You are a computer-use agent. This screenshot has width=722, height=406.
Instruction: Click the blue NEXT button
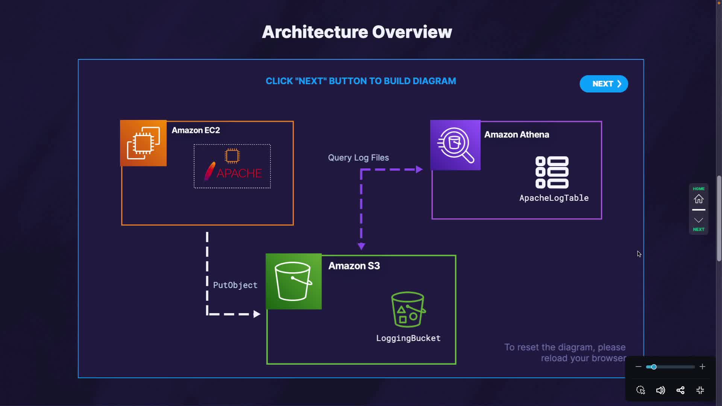tap(604, 84)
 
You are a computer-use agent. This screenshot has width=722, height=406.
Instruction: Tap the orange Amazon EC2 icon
tap(143, 143)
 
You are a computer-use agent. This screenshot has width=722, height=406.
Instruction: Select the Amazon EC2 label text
tap(196, 130)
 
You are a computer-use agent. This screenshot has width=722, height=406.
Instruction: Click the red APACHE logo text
tap(239, 173)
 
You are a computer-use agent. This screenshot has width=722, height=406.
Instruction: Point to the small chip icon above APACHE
tap(232, 156)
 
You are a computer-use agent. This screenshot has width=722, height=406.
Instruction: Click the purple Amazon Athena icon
tap(455, 145)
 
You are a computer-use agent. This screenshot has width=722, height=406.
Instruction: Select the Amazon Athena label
tap(516, 135)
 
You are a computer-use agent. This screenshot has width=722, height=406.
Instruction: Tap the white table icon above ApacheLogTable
tap(552, 172)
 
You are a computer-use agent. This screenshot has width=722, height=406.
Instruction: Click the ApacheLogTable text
tap(554, 198)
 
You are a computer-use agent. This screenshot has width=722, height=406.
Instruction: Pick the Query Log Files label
tap(358, 158)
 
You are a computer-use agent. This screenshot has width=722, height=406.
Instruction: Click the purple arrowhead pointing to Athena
tap(419, 170)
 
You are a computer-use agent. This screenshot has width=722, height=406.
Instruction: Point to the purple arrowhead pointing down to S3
tap(361, 246)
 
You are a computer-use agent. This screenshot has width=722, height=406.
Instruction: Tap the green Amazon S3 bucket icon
tap(293, 282)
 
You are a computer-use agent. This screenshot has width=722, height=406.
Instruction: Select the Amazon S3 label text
tap(354, 266)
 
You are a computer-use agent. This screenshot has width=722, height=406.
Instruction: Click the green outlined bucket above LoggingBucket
tap(408, 309)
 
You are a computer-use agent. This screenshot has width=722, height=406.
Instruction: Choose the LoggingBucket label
tap(408, 338)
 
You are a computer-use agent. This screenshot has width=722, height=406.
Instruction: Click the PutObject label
tap(235, 285)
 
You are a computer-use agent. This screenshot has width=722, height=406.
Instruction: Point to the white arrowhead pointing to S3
tap(257, 314)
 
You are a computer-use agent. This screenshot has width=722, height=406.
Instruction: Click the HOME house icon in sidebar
tap(699, 198)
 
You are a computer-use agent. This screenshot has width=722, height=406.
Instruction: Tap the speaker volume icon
tap(660, 390)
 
